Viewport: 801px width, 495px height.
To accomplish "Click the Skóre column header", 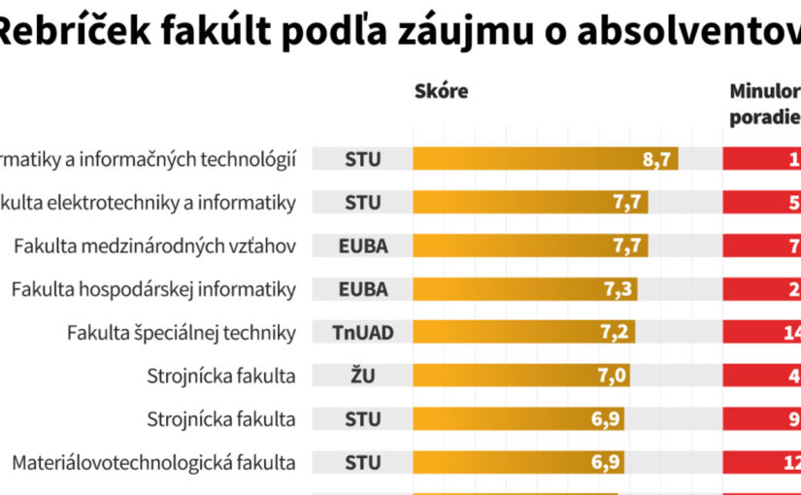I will pos(441,91).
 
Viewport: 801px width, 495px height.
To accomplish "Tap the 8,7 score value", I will pos(657,159).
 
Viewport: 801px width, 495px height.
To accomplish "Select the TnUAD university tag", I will pos(363,333).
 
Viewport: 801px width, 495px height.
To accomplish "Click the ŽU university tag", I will pos(363,376).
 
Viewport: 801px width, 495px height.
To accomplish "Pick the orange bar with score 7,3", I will pos(524,289).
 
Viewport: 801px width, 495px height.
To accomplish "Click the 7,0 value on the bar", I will pos(611,376).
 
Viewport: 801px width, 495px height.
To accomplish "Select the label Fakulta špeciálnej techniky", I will pos(181,333).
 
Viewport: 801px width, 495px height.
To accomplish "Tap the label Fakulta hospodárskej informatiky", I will pos(153,289).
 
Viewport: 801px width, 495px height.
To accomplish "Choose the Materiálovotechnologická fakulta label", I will pos(153,462).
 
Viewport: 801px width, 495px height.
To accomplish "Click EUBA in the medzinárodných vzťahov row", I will pos(363,246).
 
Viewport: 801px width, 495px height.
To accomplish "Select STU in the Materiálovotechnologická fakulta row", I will pos(363,462).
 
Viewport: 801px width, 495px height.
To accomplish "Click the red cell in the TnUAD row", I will pos(762,333).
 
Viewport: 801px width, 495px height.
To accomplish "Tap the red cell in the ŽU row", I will pos(762,376).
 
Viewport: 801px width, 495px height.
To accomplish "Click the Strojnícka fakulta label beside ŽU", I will pos(221,376).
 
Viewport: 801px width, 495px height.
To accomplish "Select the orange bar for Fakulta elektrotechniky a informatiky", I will pos(530,202).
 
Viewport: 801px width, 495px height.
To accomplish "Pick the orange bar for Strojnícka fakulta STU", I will pos(517,419).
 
